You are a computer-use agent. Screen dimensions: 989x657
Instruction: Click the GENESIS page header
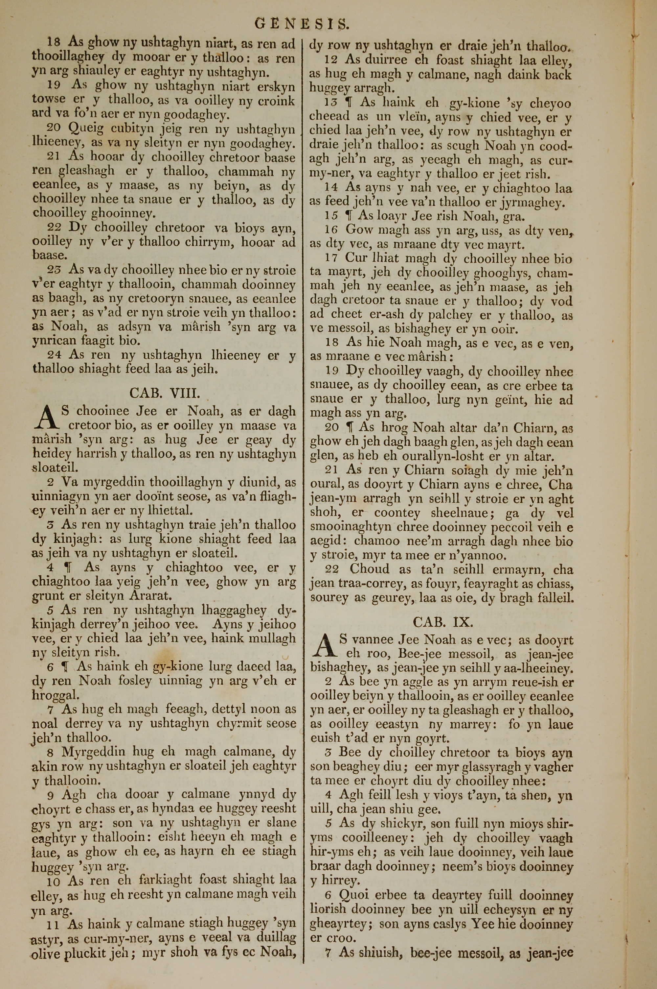(x=301, y=24)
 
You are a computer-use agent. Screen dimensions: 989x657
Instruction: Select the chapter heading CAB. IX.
(x=442, y=622)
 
